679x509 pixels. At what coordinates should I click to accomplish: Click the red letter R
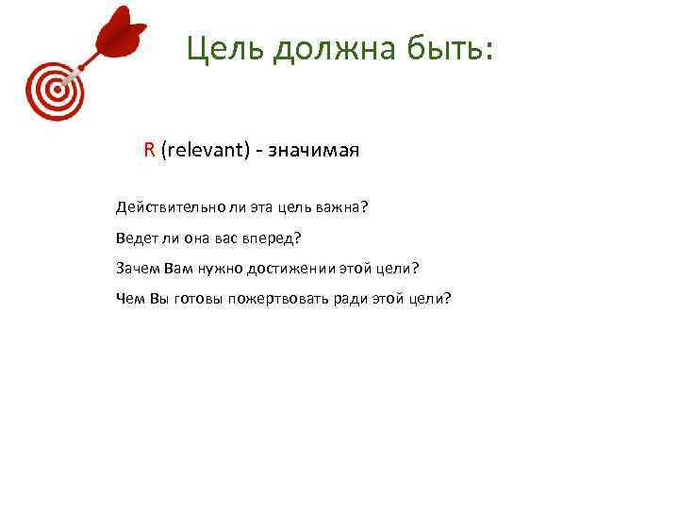point(149,150)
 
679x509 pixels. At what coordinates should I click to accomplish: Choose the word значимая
point(317,150)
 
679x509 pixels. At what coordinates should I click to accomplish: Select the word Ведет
point(138,238)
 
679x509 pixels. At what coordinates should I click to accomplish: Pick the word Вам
point(177,269)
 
